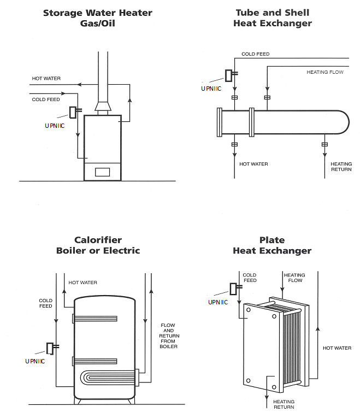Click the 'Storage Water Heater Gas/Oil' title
(x=97, y=18)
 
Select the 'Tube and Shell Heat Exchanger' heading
(x=273, y=18)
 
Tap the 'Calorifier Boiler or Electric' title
(x=98, y=245)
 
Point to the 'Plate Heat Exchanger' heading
(x=272, y=245)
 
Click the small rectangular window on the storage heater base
(x=103, y=172)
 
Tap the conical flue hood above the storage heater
(x=103, y=107)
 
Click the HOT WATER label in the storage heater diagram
(x=46, y=78)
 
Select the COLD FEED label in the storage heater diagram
(x=46, y=99)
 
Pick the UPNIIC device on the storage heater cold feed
(x=75, y=112)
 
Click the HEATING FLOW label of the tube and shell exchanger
(x=325, y=72)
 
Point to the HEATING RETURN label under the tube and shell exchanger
(x=341, y=167)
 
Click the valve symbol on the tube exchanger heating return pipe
(x=325, y=144)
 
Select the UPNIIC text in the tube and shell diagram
(x=211, y=89)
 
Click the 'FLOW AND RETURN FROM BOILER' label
(x=169, y=336)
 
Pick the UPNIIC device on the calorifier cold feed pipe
(x=52, y=349)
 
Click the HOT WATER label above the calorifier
(x=83, y=282)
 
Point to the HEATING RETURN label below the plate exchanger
(x=284, y=404)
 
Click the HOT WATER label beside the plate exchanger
(x=337, y=348)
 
